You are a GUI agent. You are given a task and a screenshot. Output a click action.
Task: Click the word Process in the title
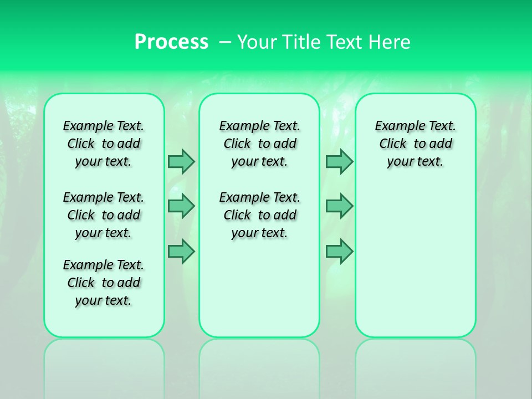click(171, 42)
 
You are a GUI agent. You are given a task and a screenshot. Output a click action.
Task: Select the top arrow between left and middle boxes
click(181, 161)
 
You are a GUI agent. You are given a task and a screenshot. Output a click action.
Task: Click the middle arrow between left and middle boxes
click(181, 206)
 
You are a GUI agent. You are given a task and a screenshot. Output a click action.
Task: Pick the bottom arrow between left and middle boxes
click(181, 251)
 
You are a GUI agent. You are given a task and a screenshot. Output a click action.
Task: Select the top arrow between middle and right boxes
click(339, 161)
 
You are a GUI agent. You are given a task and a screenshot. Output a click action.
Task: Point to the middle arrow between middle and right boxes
click(339, 206)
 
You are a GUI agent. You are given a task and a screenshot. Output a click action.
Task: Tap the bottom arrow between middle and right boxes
click(339, 251)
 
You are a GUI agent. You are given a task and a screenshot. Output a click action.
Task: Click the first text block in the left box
click(104, 144)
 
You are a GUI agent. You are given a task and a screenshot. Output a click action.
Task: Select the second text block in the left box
click(104, 215)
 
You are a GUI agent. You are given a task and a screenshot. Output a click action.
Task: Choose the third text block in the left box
click(104, 283)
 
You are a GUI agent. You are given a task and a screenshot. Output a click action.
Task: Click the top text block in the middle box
click(259, 144)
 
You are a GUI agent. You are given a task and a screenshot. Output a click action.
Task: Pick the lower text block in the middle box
click(259, 215)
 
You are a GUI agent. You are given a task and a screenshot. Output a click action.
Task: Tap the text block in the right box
click(415, 144)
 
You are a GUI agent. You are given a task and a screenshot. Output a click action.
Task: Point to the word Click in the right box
click(393, 144)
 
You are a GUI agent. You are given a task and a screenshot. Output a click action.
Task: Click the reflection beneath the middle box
click(259, 366)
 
